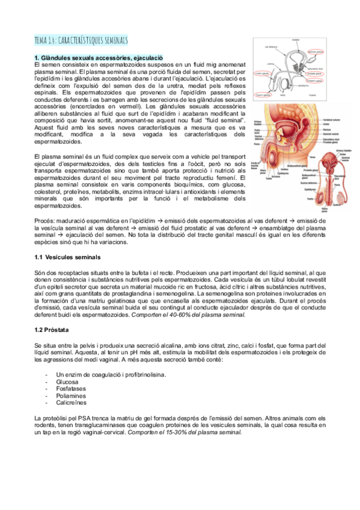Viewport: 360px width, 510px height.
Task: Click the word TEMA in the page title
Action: (x=43, y=41)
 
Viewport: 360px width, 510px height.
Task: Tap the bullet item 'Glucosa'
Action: (x=67, y=381)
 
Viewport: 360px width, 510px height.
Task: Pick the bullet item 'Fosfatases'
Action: (x=70, y=389)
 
